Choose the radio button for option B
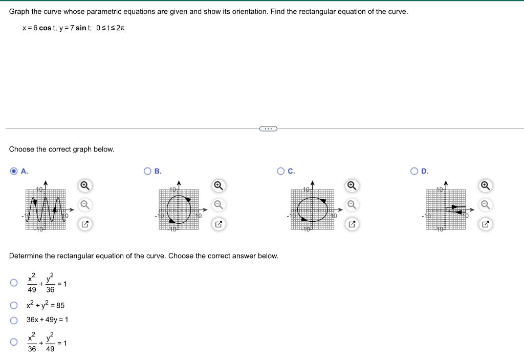[147, 171]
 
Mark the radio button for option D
[414, 171]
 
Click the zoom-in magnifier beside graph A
[85, 185]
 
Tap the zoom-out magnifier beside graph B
[219, 204]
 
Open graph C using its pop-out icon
[352, 224]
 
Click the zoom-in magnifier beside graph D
[486, 185]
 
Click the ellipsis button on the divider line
[268, 129]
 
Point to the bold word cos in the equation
[46, 28]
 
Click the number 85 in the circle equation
[59, 306]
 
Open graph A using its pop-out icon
[85, 224]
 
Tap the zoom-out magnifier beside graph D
[486, 204]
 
